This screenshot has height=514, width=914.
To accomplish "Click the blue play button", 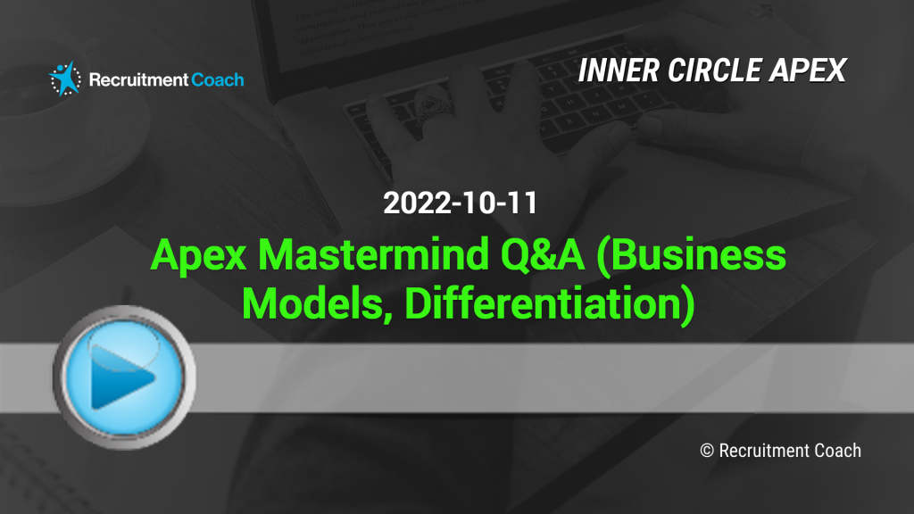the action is point(124,377).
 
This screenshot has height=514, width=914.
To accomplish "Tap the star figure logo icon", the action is point(65,79).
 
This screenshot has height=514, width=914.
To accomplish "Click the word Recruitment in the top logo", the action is point(138,79).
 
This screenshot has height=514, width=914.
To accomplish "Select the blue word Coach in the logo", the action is point(218,79).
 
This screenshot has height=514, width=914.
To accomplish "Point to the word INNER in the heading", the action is point(619,70).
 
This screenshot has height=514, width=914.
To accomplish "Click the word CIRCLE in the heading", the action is point(715,70).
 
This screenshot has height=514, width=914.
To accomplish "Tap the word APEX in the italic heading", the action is point(808,70).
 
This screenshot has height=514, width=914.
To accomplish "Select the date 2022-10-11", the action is point(460,203).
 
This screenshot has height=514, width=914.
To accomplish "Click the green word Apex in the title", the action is point(199,255).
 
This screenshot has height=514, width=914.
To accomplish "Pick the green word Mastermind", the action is point(373,254).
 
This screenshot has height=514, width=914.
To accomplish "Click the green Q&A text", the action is point(542,254).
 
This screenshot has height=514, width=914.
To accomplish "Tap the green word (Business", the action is point(692,255).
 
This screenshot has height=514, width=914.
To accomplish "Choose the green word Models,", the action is point(317,303).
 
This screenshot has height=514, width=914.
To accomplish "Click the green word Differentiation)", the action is point(550,304).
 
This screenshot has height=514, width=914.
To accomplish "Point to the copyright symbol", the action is point(707,451).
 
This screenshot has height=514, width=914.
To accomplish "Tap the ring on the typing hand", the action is point(433,105).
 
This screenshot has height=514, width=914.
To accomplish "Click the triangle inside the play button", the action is point(121,377).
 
